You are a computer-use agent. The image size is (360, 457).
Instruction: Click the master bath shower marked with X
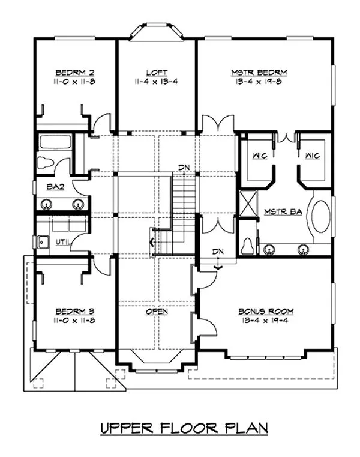click(247, 203)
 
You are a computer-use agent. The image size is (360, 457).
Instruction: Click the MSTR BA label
click(278, 211)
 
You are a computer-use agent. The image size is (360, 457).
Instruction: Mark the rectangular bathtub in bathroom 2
click(55, 142)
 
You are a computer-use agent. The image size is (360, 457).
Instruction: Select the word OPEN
click(156, 312)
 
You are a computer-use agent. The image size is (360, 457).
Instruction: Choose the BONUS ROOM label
click(265, 312)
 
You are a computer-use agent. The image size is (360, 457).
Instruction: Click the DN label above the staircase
click(184, 167)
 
